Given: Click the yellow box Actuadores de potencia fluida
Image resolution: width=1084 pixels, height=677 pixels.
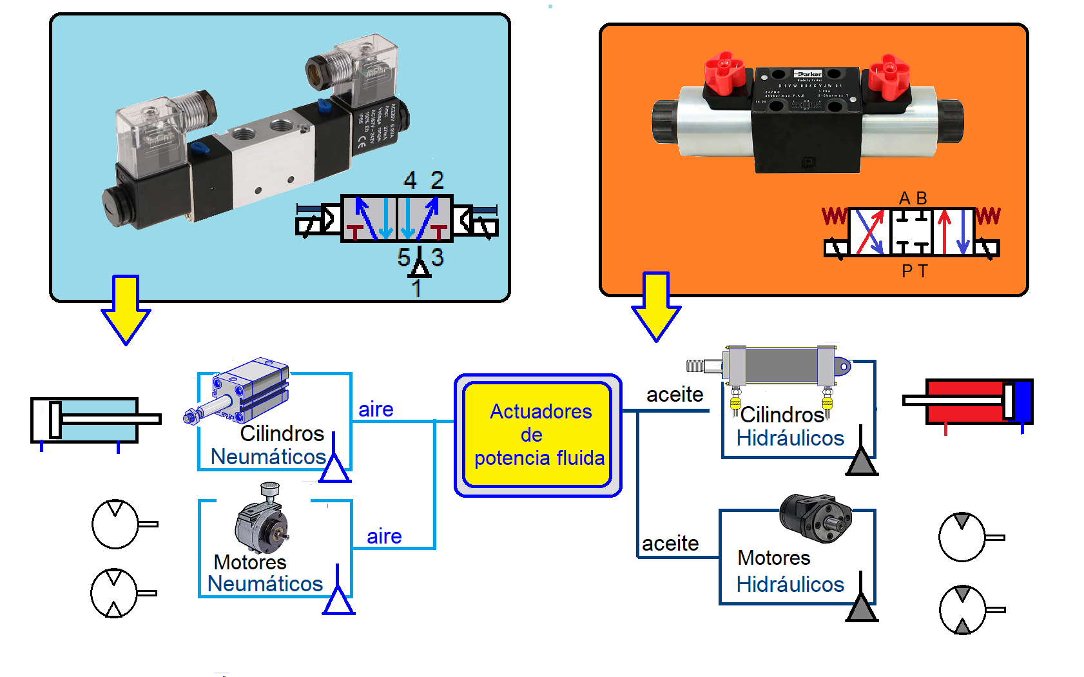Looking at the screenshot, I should click(x=537, y=435).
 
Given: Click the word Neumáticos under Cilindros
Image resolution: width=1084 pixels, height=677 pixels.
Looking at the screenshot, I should click(x=268, y=456).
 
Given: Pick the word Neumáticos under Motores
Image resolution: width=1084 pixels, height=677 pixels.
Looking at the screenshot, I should click(x=265, y=584).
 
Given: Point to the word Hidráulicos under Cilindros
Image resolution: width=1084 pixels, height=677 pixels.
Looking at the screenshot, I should click(x=790, y=438).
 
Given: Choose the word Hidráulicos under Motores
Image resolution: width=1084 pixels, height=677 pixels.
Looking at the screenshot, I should click(x=790, y=584).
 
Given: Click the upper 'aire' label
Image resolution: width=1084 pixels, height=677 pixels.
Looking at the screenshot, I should click(x=376, y=409).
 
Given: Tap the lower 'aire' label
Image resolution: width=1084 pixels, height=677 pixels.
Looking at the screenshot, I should click(x=384, y=536).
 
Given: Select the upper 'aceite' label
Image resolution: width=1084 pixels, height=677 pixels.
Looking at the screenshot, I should click(x=675, y=394).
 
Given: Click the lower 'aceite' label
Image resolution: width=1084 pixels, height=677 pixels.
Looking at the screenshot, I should click(x=670, y=544).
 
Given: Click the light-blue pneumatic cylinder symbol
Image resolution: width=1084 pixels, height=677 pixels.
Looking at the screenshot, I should click(x=94, y=420).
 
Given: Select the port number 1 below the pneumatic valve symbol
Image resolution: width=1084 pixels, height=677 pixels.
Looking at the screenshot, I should click(x=417, y=288).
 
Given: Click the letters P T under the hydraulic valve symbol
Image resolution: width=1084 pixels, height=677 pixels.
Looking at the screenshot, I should click(x=915, y=271).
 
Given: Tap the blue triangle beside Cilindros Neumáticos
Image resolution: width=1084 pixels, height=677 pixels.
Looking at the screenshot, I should click(x=334, y=467).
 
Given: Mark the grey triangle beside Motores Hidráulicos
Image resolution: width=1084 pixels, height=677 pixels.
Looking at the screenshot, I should click(x=861, y=607).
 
